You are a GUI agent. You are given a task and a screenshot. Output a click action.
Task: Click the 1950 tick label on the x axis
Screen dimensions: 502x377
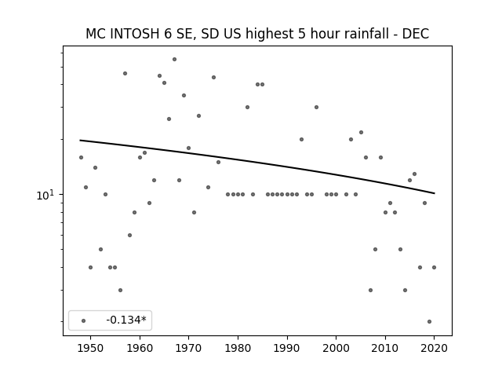(91, 348)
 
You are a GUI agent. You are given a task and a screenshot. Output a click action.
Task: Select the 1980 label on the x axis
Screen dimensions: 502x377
(238, 348)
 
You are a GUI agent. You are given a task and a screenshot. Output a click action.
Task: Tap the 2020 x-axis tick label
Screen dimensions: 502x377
(434, 348)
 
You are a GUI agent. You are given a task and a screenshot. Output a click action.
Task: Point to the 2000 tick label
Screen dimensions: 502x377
(336, 348)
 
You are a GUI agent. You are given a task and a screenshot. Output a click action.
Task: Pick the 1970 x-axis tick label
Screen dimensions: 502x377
(188, 348)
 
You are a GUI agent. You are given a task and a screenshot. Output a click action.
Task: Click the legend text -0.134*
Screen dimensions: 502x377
(126, 320)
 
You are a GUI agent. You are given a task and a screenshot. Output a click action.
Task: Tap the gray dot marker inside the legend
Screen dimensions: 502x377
(84, 320)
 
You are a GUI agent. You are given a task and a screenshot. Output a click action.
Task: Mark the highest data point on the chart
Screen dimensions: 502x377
(174, 60)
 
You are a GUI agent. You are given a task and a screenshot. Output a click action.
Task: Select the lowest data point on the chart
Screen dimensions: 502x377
(429, 321)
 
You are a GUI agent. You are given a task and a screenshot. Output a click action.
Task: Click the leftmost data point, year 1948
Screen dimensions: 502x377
(81, 157)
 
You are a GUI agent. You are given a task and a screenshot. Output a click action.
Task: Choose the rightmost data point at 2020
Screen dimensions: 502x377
(434, 267)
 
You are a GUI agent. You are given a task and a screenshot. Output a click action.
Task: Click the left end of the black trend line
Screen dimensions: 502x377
(80, 140)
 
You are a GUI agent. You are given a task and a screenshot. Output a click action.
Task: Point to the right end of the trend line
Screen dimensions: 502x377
(435, 193)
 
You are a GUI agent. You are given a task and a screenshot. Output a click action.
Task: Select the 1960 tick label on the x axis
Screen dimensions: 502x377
(140, 348)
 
